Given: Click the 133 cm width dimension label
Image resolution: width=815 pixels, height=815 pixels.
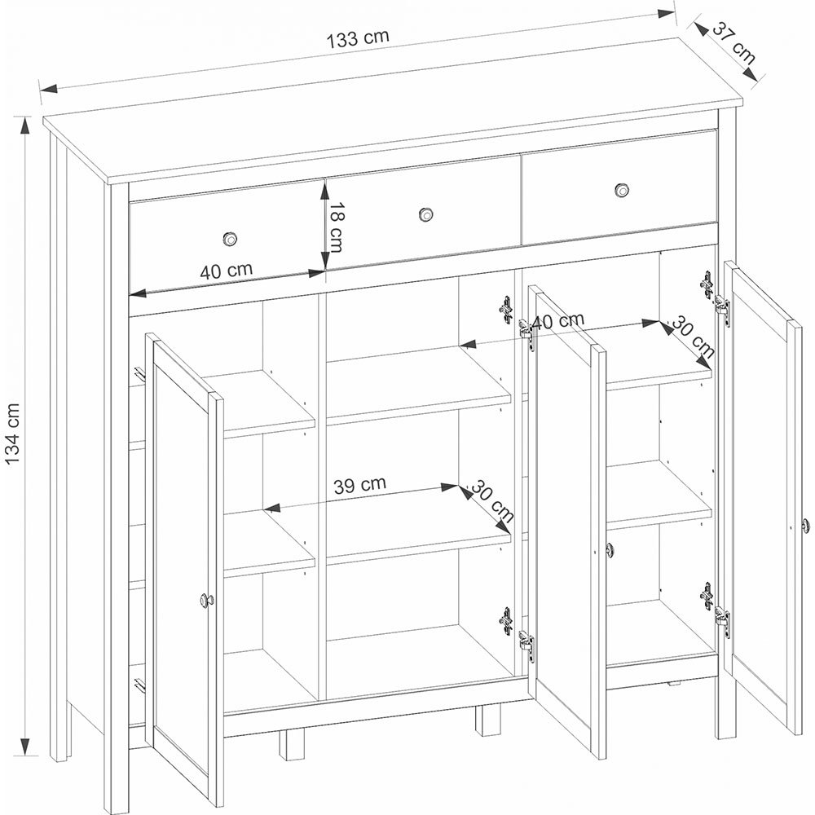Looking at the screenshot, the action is coord(358,38).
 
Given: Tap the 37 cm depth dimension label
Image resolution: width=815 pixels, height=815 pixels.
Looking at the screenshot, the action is coord(733,43).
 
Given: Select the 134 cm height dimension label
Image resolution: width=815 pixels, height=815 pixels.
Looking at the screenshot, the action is coord(12,434).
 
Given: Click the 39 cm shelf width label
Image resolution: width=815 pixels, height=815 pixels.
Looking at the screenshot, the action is coord(359,485).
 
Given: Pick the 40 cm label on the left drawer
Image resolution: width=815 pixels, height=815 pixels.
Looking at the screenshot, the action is coord(226,271).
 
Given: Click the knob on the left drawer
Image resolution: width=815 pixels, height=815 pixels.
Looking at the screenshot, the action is coord(230,239).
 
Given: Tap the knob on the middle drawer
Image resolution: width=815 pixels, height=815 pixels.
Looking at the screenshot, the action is coord(426,214).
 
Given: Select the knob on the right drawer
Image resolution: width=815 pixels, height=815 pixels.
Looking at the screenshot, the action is coord(622,190).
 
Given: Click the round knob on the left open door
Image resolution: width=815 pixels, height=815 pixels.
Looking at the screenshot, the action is coord(206,600).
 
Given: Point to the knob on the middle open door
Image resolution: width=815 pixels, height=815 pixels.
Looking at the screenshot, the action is coord(610,548).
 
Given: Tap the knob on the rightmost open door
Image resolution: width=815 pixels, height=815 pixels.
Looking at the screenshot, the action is coord(805,526).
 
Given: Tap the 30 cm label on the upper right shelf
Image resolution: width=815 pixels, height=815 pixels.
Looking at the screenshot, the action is coord(693,337).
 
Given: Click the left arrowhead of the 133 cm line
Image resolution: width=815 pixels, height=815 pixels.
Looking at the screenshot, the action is coord(49,90).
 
